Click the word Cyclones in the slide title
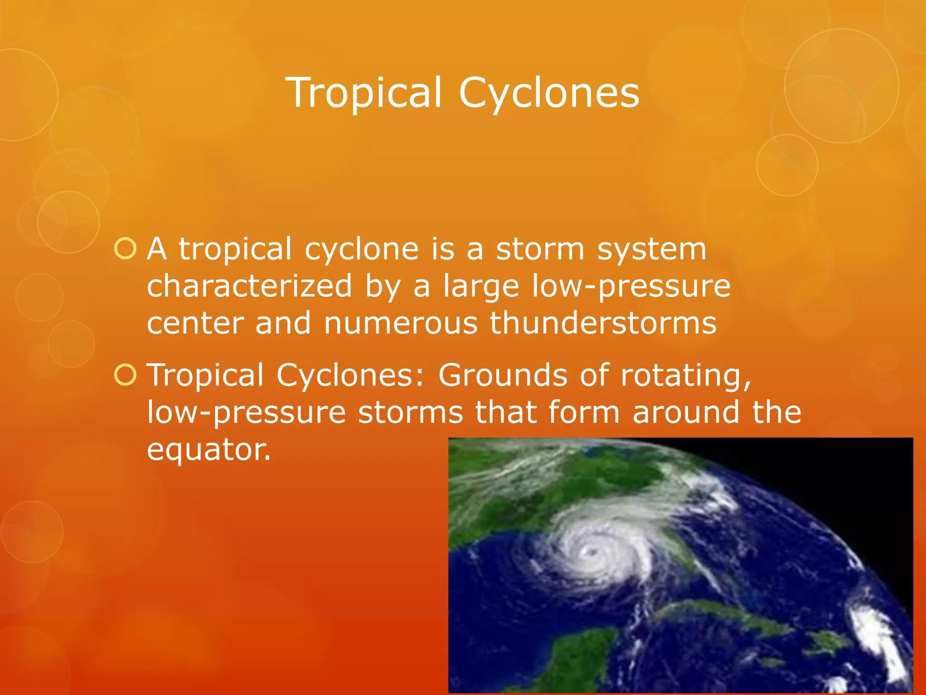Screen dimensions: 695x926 549,93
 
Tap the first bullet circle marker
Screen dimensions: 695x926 125,249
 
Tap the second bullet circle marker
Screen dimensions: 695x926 125,375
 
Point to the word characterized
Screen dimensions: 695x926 249,286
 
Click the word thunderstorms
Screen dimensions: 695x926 603,323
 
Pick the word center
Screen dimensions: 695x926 195,323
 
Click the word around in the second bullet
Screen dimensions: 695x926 685,412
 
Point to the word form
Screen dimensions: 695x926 584,412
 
